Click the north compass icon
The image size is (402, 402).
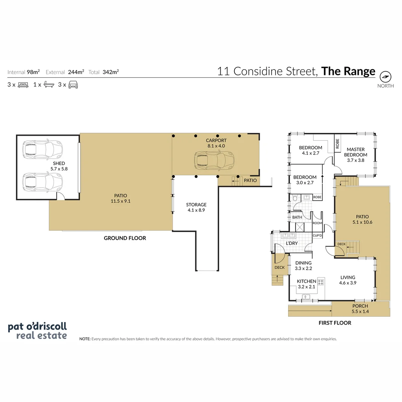tap(385, 77)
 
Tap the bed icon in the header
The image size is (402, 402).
tap(23, 85)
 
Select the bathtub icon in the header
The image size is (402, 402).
tap(49, 84)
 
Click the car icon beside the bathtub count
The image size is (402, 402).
tap(73, 84)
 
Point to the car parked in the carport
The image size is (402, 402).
tap(214, 161)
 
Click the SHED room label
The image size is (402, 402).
tap(59, 163)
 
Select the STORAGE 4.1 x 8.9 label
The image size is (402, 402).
tap(196, 207)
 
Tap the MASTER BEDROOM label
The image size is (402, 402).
tap(355, 152)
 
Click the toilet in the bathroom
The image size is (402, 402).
tap(295, 198)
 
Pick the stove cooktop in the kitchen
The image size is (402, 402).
tap(320, 282)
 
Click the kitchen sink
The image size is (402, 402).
tap(306, 297)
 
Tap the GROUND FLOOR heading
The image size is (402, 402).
tap(125, 238)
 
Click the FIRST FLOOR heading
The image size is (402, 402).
tap(335, 323)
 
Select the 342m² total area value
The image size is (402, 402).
tap(111, 72)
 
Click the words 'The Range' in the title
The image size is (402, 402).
tap(348, 71)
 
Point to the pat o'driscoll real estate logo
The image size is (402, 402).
tap(38, 331)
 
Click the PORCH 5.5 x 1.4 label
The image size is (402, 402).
tap(360, 309)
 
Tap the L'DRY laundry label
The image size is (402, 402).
tap(292, 243)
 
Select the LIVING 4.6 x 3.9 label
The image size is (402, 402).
tap(348, 280)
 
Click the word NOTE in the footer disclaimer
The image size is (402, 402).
tap(85, 339)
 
